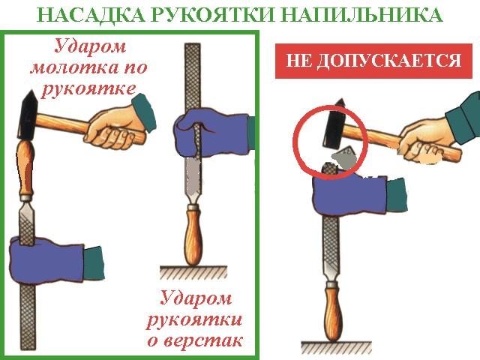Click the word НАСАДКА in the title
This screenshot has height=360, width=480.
(91, 14)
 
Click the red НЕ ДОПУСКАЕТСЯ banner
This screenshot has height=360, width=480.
(373, 61)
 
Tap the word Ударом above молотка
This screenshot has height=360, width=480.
(90, 46)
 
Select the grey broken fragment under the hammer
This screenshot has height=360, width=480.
(344, 157)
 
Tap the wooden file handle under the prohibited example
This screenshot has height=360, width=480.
(333, 311)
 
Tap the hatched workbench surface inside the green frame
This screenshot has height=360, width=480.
(193, 272)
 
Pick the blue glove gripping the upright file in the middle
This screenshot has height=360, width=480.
(211, 135)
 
